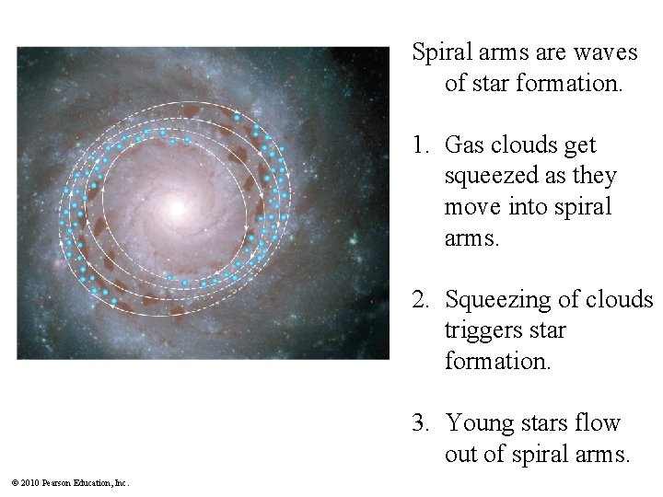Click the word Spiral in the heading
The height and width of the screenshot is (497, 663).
440,53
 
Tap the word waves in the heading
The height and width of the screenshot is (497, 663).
608,53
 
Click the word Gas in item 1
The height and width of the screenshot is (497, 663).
463,145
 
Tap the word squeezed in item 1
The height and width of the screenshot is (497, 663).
486,176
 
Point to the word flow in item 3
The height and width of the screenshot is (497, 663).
602,423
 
